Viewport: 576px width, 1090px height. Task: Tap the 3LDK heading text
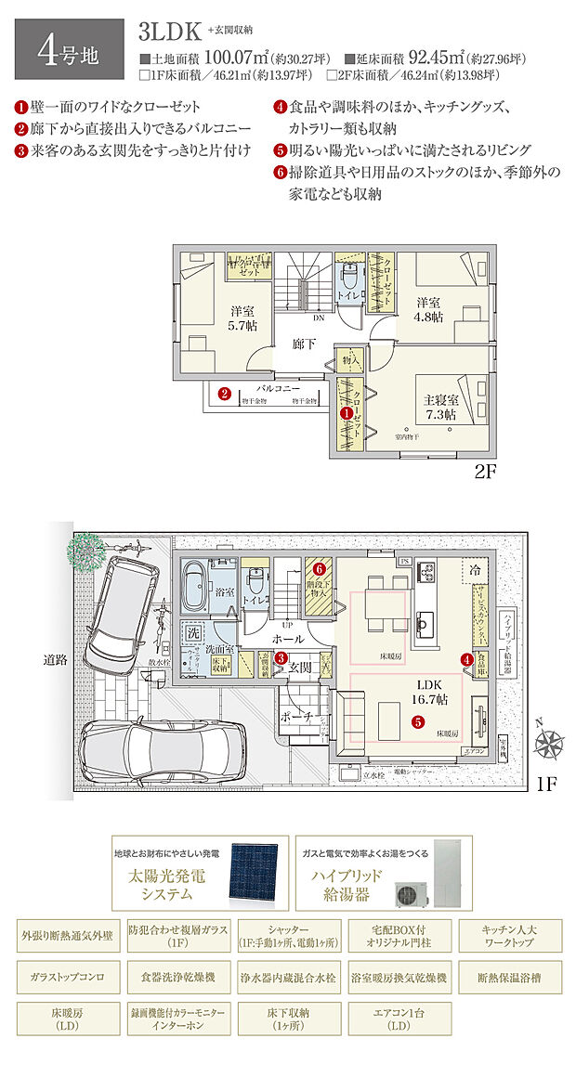170,32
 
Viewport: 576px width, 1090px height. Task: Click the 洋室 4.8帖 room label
429,310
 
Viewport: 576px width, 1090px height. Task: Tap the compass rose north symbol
551,743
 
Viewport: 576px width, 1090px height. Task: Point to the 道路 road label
56,661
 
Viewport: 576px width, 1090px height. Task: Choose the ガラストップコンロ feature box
66,978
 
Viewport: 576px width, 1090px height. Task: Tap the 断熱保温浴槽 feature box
506,978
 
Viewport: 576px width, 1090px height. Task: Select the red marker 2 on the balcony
225,394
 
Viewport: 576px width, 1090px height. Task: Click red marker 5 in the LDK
418,720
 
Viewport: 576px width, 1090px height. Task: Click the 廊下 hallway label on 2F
304,344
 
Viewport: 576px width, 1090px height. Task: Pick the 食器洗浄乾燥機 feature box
177,978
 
